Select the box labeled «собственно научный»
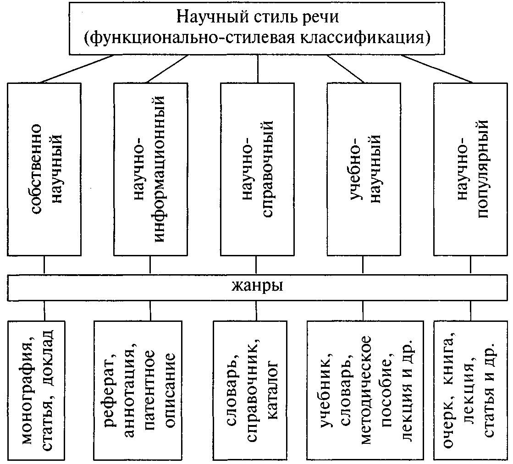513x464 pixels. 44,169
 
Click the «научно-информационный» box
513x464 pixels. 150,169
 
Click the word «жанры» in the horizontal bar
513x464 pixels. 257,287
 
